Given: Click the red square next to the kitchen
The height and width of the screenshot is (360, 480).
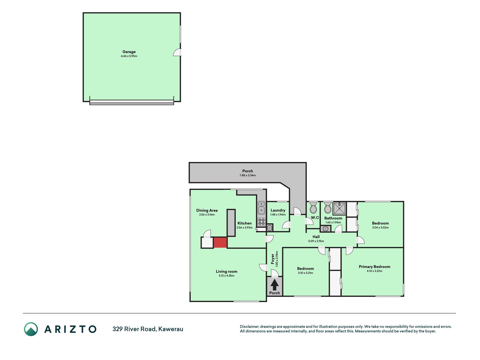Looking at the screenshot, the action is [x=220, y=242].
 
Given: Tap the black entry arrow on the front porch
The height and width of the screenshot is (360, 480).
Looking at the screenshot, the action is [x=274, y=285].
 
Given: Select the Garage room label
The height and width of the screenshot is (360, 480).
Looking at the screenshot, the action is [x=129, y=52].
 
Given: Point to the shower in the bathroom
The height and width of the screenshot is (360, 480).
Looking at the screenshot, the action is [x=339, y=208].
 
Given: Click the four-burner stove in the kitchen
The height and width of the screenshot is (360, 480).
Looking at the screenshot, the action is [x=262, y=222].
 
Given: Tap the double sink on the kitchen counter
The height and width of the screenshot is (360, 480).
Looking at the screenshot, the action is [x=262, y=208].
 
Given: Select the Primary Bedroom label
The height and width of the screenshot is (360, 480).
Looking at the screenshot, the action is [x=375, y=267].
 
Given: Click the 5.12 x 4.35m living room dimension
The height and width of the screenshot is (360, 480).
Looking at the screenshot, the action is [x=227, y=276].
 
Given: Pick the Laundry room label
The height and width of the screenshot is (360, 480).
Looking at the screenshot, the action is [x=278, y=210].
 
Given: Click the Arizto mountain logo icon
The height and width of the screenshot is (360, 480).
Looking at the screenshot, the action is [x=31, y=329].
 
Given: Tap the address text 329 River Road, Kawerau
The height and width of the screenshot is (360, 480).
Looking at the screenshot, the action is [x=148, y=329].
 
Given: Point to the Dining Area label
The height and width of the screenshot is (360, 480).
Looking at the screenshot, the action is [x=207, y=210].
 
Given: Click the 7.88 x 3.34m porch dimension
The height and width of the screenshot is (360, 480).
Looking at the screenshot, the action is [x=247, y=175].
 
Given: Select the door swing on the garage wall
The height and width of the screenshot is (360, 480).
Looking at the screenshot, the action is [x=177, y=53].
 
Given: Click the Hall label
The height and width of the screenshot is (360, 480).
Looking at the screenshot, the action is [x=316, y=237].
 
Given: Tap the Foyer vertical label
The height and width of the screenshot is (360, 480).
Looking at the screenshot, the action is [x=273, y=259].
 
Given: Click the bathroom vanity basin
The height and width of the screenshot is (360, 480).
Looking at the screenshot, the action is [x=325, y=228].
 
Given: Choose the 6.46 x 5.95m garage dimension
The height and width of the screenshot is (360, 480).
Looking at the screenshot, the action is [x=129, y=56].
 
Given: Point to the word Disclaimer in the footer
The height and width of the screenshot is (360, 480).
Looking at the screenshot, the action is [x=249, y=327].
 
